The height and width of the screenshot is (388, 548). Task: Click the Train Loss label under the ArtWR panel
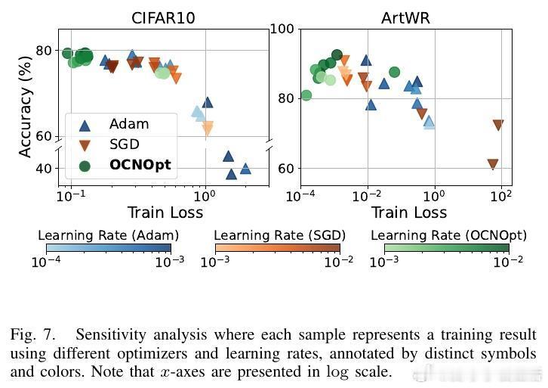click(x=408, y=212)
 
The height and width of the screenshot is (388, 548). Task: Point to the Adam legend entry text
click(x=129, y=124)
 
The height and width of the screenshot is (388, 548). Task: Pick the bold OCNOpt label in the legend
click(x=140, y=164)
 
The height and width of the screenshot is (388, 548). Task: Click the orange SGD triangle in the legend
click(x=85, y=144)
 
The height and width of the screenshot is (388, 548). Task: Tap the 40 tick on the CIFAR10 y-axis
click(x=44, y=169)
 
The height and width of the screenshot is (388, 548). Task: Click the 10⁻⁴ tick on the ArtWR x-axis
click(x=301, y=196)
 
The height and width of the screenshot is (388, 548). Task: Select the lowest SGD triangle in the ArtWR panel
click(x=493, y=164)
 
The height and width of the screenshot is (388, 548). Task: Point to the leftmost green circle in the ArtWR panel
click(x=306, y=95)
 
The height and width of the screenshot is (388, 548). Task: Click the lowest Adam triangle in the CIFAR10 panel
click(x=231, y=174)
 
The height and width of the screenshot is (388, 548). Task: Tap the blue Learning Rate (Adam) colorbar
click(x=109, y=247)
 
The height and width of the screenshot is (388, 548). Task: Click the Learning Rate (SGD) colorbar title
click(x=277, y=234)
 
